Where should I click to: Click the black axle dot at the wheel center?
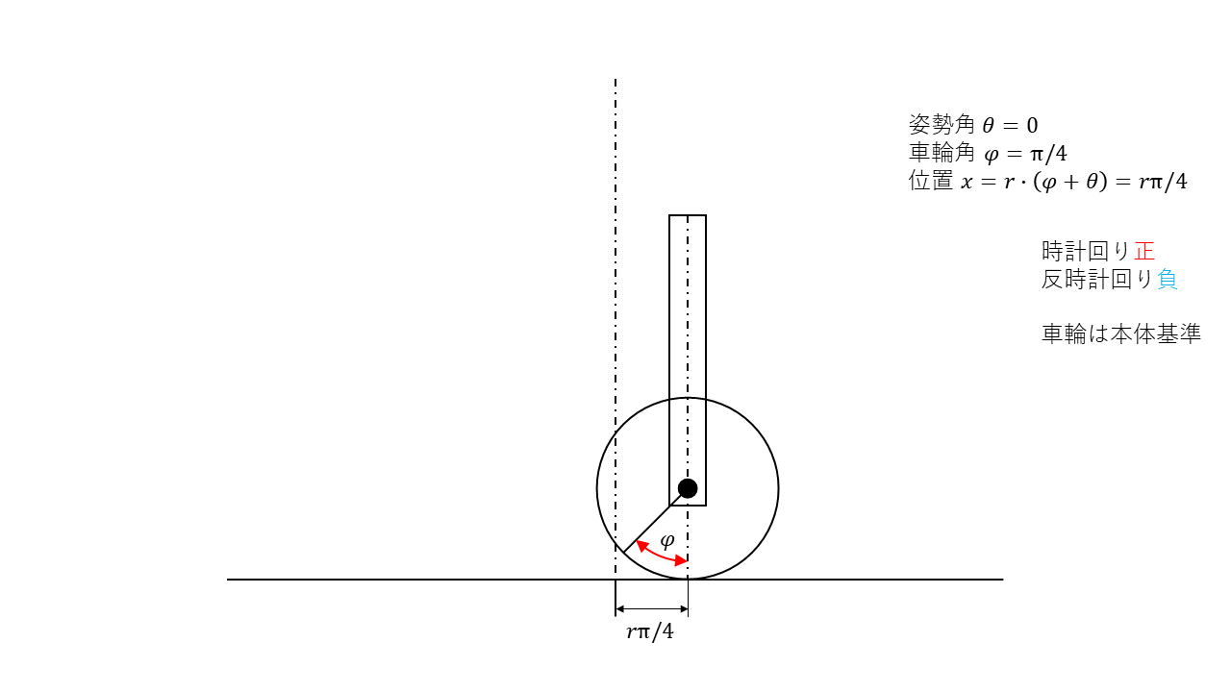tap(688, 488)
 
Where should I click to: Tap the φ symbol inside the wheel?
tap(666, 539)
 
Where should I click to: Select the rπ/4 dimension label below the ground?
tap(650, 632)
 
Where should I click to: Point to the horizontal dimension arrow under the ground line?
tap(651, 608)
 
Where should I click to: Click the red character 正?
tap(1144, 252)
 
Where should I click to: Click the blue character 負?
tap(1168, 280)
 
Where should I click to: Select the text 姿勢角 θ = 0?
tap(973, 125)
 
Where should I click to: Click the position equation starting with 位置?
tap(1047, 182)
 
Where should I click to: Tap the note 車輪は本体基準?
tap(1121, 334)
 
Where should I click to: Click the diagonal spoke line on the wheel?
tap(655, 521)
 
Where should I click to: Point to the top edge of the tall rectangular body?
tap(688, 215)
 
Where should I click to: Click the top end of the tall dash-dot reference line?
tap(615, 81)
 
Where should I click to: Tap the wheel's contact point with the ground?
tap(688, 580)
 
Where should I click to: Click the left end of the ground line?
tap(229, 580)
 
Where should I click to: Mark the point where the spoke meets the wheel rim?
tap(623, 553)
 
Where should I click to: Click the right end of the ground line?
tap(1002, 580)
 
